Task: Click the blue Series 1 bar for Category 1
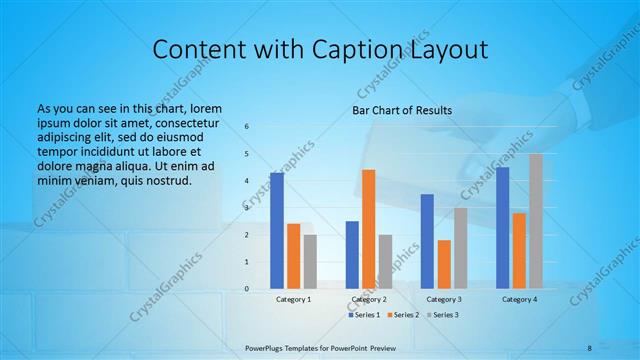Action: click(x=277, y=231)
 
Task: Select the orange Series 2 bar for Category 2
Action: click(x=369, y=229)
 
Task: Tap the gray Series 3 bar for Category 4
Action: click(x=537, y=221)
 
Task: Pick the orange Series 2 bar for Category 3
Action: click(x=444, y=264)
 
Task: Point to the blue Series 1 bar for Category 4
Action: click(x=503, y=228)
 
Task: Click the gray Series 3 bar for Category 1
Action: click(x=310, y=262)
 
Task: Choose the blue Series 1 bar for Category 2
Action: click(x=352, y=255)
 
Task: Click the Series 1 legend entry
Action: click(x=363, y=315)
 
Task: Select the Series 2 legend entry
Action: click(x=403, y=315)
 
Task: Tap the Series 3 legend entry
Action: click(x=443, y=315)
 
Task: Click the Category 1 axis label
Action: click(x=294, y=299)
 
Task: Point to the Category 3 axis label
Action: click(x=444, y=299)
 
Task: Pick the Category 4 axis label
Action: click(x=520, y=299)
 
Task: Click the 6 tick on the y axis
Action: click(x=246, y=127)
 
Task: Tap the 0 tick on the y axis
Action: click(x=246, y=289)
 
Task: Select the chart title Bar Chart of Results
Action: click(x=402, y=110)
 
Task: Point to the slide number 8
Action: click(x=589, y=347)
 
